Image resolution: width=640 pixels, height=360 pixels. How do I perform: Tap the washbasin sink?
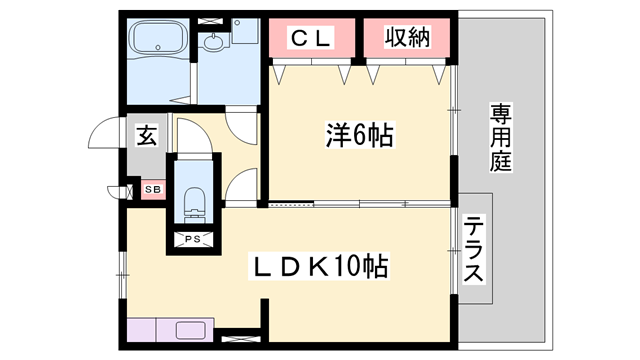click(x=213, y=45)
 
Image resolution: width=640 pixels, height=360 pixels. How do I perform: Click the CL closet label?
click(x=310, y=38)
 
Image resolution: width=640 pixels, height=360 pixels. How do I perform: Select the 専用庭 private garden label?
click(x=501, y=137)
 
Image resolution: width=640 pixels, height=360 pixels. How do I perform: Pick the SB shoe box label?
click(x=153, y=189)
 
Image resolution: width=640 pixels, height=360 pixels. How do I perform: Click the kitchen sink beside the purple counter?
click(x=192, y=329)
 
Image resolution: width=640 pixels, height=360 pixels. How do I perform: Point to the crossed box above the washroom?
click(x=212, y=19)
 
